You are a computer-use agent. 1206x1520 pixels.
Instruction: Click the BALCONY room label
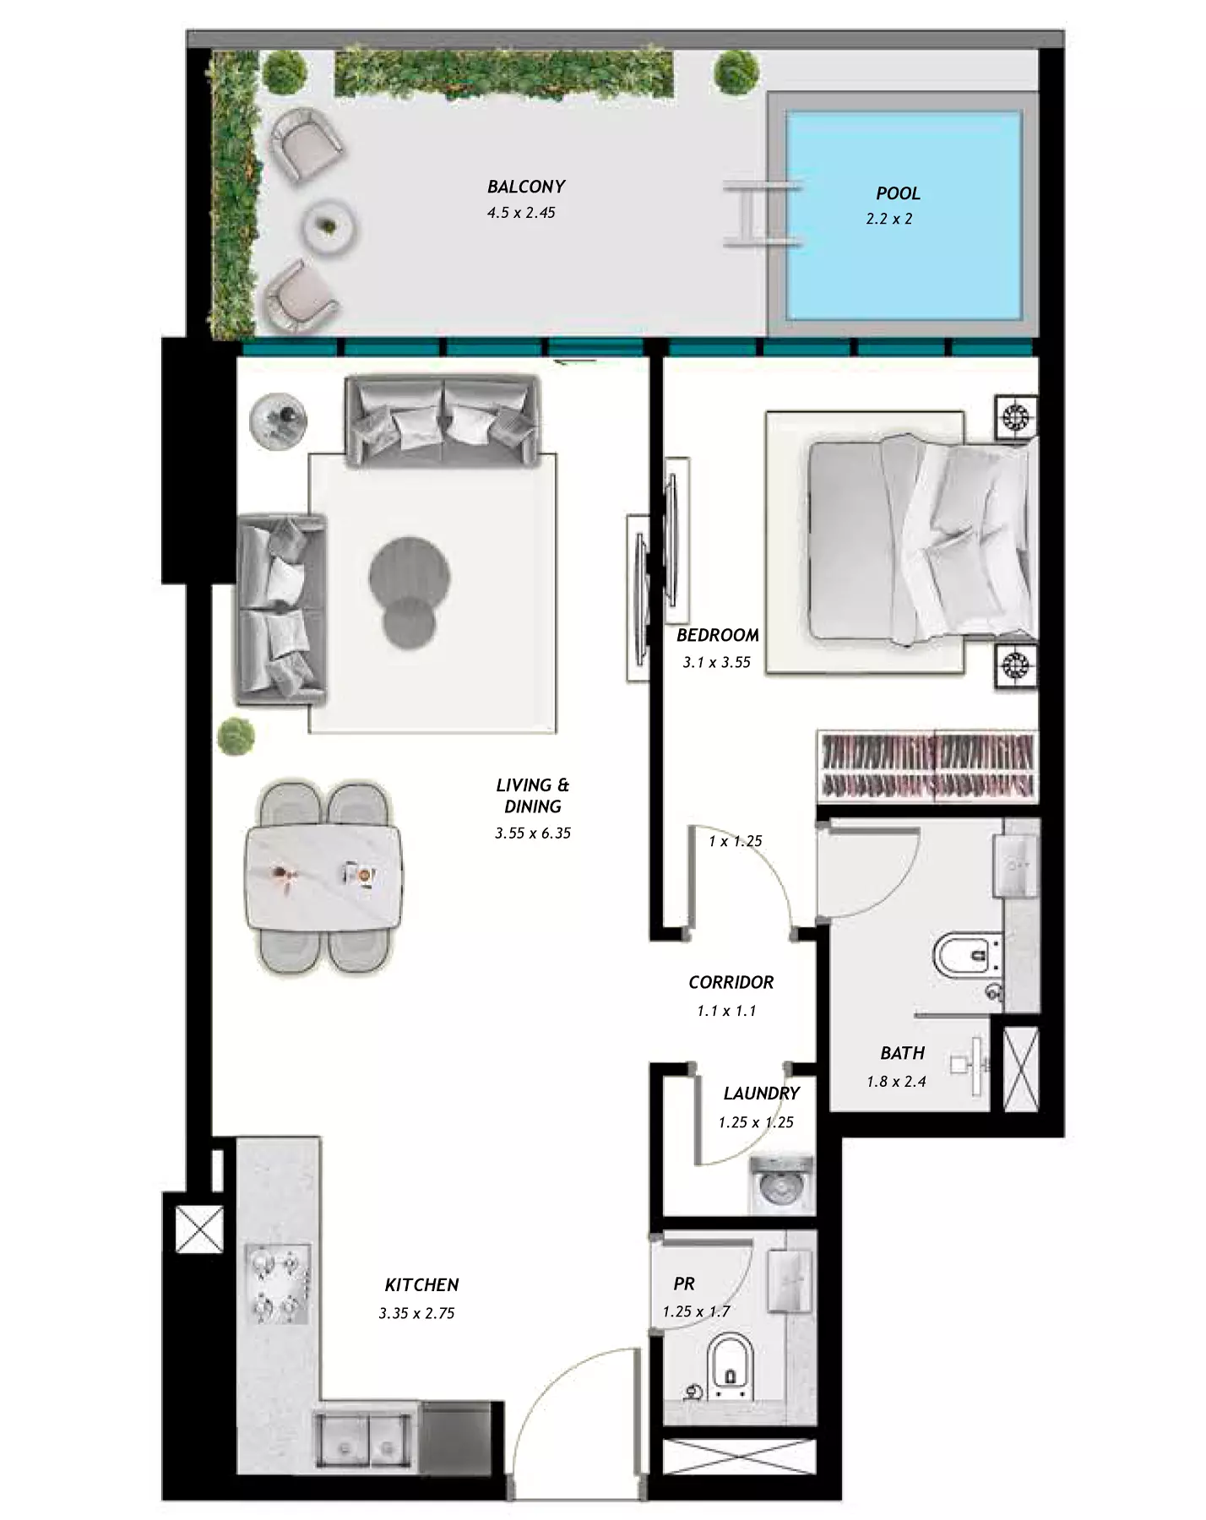(x=526, y=187)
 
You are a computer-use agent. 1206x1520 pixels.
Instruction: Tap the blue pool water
(x=904, y=216)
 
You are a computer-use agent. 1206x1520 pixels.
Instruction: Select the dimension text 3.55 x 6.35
(x=533, y=833)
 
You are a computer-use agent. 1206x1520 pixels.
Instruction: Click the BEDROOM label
(x=718, y=635)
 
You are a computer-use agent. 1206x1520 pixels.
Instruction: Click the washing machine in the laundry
(x=780, y=1185)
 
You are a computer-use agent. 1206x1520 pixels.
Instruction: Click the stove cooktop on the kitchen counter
(x=278, y=1284)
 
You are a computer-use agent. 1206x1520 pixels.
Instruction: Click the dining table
(x=323, y=878)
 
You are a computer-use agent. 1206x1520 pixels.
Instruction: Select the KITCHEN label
(x=421, y=1285)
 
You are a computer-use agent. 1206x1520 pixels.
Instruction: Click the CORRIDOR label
(x=731, y=982)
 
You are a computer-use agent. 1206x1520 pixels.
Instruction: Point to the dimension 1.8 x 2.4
(x=896, y=1082)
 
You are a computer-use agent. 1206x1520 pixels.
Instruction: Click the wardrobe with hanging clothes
(x=927, y=766)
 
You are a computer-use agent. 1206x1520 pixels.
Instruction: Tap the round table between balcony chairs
(x=329, y=226)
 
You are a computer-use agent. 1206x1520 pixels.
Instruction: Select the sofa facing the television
(x=280, y=610)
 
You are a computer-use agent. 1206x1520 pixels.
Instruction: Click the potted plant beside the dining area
(x=236, y=736)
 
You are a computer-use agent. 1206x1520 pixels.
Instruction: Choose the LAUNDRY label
(x=761, y=1094)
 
